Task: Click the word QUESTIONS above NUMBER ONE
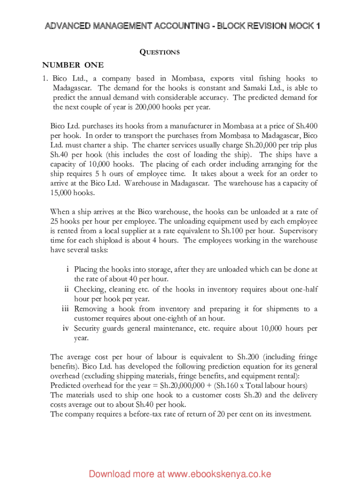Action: [159, 52]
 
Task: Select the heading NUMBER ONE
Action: [73, 65]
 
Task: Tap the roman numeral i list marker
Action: [68, 269]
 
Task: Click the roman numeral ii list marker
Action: [67, 289]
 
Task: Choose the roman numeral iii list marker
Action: [66, 309]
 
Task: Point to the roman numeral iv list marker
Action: [66, 328]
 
